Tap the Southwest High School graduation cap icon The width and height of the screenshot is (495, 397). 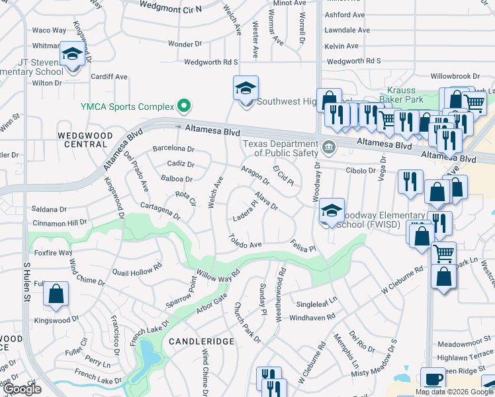tap(246, 89)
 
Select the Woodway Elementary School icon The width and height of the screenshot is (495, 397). tap(332, 212)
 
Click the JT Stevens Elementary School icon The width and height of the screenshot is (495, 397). tap(71, 55)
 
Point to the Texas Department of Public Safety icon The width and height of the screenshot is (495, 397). tap(328, 146)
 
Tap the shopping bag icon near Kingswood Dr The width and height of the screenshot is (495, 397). tap(56, 294)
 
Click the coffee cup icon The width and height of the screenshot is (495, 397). tap(433, 380)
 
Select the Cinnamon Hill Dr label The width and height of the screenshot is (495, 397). tap(60, 222)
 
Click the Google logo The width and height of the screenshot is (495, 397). tap(22, 389)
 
